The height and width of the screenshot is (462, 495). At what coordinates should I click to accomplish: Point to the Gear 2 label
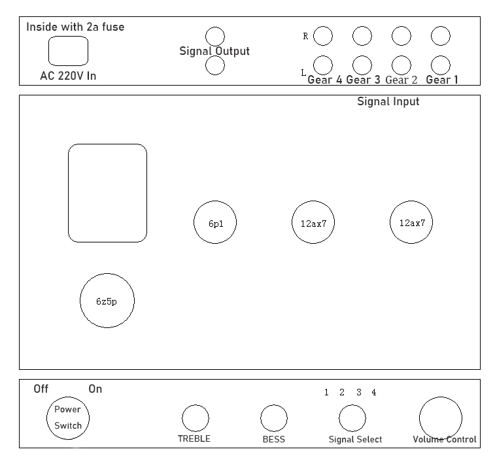[401, 80]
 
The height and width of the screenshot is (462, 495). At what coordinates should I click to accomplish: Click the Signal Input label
[388, 102]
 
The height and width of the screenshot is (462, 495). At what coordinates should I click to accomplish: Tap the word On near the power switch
[95, 389]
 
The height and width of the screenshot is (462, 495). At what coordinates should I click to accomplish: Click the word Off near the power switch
[41, 389]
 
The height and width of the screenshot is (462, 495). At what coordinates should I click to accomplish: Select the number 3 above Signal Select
[359, 392]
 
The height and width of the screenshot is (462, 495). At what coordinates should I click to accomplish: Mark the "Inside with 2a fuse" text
[75, 27]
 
